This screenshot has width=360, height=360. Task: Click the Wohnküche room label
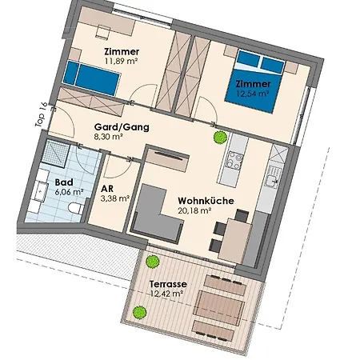tap(206, 201)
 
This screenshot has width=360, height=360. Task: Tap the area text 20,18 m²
tap(194, 210)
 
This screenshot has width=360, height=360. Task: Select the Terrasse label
tap(168, 284)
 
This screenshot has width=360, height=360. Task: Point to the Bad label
tap(64, 182)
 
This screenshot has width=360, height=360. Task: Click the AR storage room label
tap(107, 189)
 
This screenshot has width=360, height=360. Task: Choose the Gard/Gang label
tap(122, 127)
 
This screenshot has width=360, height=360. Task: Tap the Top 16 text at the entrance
tap(42, 114)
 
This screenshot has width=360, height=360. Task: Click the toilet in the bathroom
tap(76, 208)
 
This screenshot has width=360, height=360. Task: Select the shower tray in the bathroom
tap(56, 154)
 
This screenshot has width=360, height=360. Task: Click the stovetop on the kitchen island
tap(234, 161)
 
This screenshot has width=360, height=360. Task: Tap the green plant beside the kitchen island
tap(220, 138)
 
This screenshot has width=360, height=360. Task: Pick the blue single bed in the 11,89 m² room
tap(90, 78)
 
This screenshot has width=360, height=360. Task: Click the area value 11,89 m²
tap(122, 61)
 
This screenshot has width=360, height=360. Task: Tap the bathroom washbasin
tap(40, 191)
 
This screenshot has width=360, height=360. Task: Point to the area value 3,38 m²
tap(115, 198)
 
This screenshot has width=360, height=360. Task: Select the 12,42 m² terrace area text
tap(166, 294)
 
